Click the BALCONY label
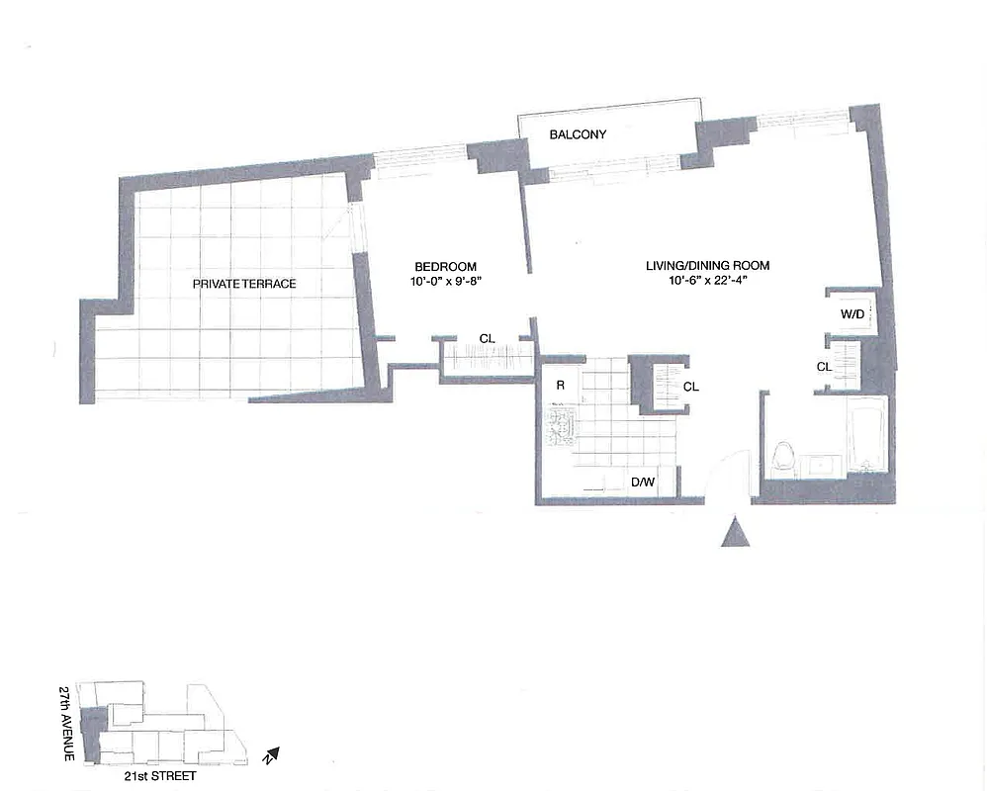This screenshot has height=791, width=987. (x=578, y=134)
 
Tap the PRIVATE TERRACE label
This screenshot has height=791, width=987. (x=244, y=284)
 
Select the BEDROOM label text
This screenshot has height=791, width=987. (x=445, y=266)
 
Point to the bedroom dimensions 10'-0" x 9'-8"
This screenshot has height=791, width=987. (x=445, y=281)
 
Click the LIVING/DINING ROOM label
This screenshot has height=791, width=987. (x=707, y=265)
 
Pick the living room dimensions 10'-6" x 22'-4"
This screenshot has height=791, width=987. (x=707, y=281)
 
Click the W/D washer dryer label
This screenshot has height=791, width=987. (x=852, y=314)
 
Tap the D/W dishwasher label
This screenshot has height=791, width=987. (x=643, y=483)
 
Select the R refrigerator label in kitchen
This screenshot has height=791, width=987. (x=560, y=386)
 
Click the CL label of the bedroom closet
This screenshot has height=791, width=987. (x=487, y=339)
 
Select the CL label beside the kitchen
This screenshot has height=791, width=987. (x=690, y=387)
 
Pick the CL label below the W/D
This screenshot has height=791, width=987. (x=824, y=367)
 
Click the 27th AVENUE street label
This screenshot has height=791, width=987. (x=66, y=723)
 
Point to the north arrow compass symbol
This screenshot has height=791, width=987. (x=270, y=756)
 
